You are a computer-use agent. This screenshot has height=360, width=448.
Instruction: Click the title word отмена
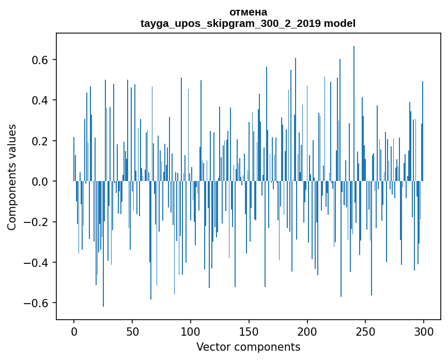click(248, 12)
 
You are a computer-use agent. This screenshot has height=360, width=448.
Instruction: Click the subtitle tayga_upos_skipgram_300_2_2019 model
click(248, 23)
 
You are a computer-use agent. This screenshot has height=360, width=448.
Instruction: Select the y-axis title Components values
click(12, 177)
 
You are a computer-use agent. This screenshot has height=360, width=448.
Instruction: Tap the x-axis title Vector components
click(248, 347)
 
